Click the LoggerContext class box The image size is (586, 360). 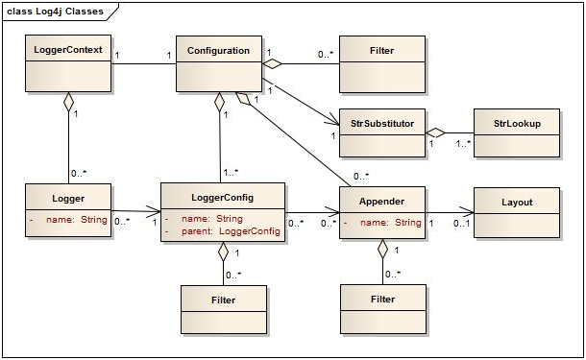pyautogui.click(x=67, y=62)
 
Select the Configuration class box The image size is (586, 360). pyautogui.click(x=218, y=62)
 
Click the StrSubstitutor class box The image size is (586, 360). pyautogui.click(x=382, y=132)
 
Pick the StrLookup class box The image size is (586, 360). pyautogui.click(x=516, y=132)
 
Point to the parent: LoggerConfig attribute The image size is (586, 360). pyautogui.click(x=229, y=231)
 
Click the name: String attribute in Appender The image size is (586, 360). pyautogui.click(x=391, y=223)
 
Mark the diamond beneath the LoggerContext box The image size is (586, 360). pyautogui.click(x=67, y=101)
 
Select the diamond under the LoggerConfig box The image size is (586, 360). pyautogui.click(x=223, y=252)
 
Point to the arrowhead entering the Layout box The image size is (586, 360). pyautogui.click(x=468, y=212)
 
